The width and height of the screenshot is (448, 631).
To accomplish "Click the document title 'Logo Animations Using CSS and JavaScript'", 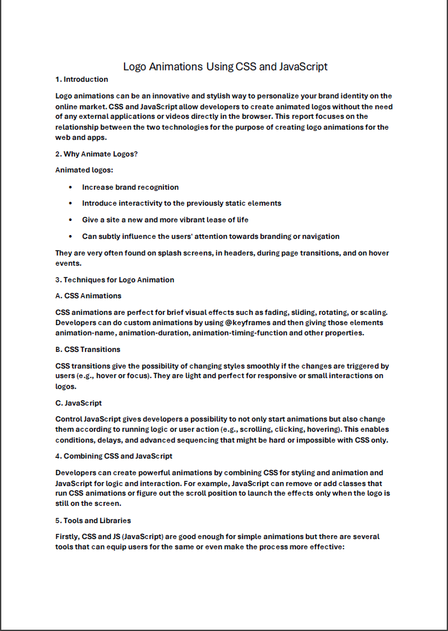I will tap(225, 66).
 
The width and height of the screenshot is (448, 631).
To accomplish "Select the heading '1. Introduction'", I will tap(82, 79).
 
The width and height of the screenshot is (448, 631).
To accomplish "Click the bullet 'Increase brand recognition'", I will tap(130, 187).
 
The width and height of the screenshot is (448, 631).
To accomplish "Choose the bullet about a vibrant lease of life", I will tap(165, 220).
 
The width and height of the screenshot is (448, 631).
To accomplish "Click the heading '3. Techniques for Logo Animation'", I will tap(114, 280).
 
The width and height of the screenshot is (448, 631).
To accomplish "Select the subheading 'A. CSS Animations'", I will tap(88, 296).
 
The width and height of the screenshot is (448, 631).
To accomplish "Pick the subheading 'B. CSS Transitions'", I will tap(87, 349).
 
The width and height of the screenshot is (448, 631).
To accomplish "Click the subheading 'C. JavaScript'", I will tap(78, 403).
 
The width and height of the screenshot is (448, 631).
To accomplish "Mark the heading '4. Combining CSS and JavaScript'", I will tap(114, 456).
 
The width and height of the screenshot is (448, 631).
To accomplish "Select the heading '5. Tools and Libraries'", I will tap(93, 521).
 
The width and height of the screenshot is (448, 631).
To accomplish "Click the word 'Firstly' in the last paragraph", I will tap(68, 536).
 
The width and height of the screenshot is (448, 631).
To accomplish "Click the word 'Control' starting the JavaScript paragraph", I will tap(69, 419).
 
